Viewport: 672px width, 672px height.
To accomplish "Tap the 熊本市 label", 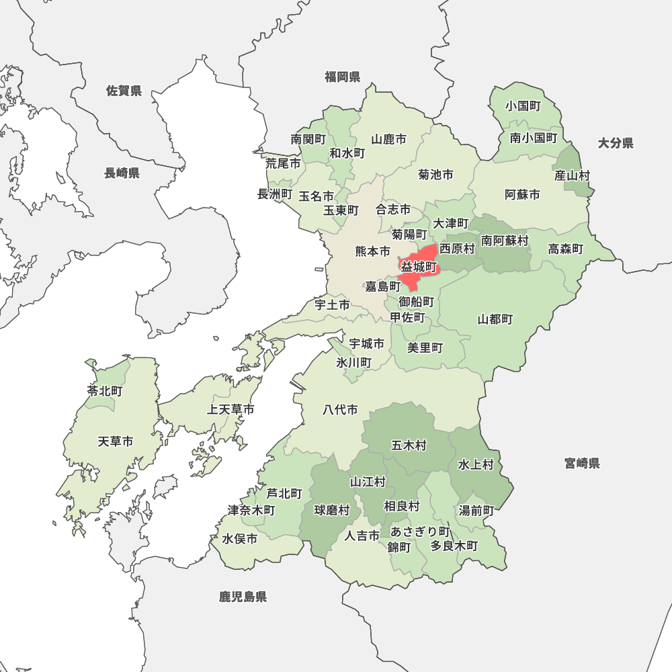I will pyautogui.click(x=372, y=252).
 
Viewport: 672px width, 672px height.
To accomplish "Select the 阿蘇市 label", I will pyautogui.click(x=522, y=195).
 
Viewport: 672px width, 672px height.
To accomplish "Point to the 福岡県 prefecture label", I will pyautogui.click(x=343, y=77).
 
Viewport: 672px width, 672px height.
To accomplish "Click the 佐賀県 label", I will pyautogui.click(x=124, y=91).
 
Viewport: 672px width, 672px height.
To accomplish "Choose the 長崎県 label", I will pyautogui.click(x=122, y=173).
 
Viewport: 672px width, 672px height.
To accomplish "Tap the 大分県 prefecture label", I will pyautogui.click(x=616, y=143).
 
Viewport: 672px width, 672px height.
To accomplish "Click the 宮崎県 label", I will pyautogui.click(x=582, y=463).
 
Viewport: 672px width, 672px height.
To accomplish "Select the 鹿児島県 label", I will pyautogui.click(x=243, y=596).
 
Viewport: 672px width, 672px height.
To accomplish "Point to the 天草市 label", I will pyautogui.click(x=116, y=442).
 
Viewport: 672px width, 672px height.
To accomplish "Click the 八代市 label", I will pyautogui.click(x=340, y=409).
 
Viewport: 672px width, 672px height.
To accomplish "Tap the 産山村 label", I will pyautogui.click(x=573, y=176).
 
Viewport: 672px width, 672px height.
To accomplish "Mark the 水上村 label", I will pyautogui.click(x=476, y=464).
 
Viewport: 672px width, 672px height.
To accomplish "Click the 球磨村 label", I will pyautogui.click(x=332, y=510).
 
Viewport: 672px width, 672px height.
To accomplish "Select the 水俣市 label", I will pyautogui.click(x=240, y=539).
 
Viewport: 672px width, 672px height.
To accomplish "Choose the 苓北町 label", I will pyautogui.click(x=105, y=390).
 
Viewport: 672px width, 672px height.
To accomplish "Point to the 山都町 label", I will pyautogui.click(x=495, y=319).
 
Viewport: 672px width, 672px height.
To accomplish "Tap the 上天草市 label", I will pyautogui.click(x=230, y=409).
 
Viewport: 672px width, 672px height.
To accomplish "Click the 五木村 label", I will pyautogui.click(x=409, y=445).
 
